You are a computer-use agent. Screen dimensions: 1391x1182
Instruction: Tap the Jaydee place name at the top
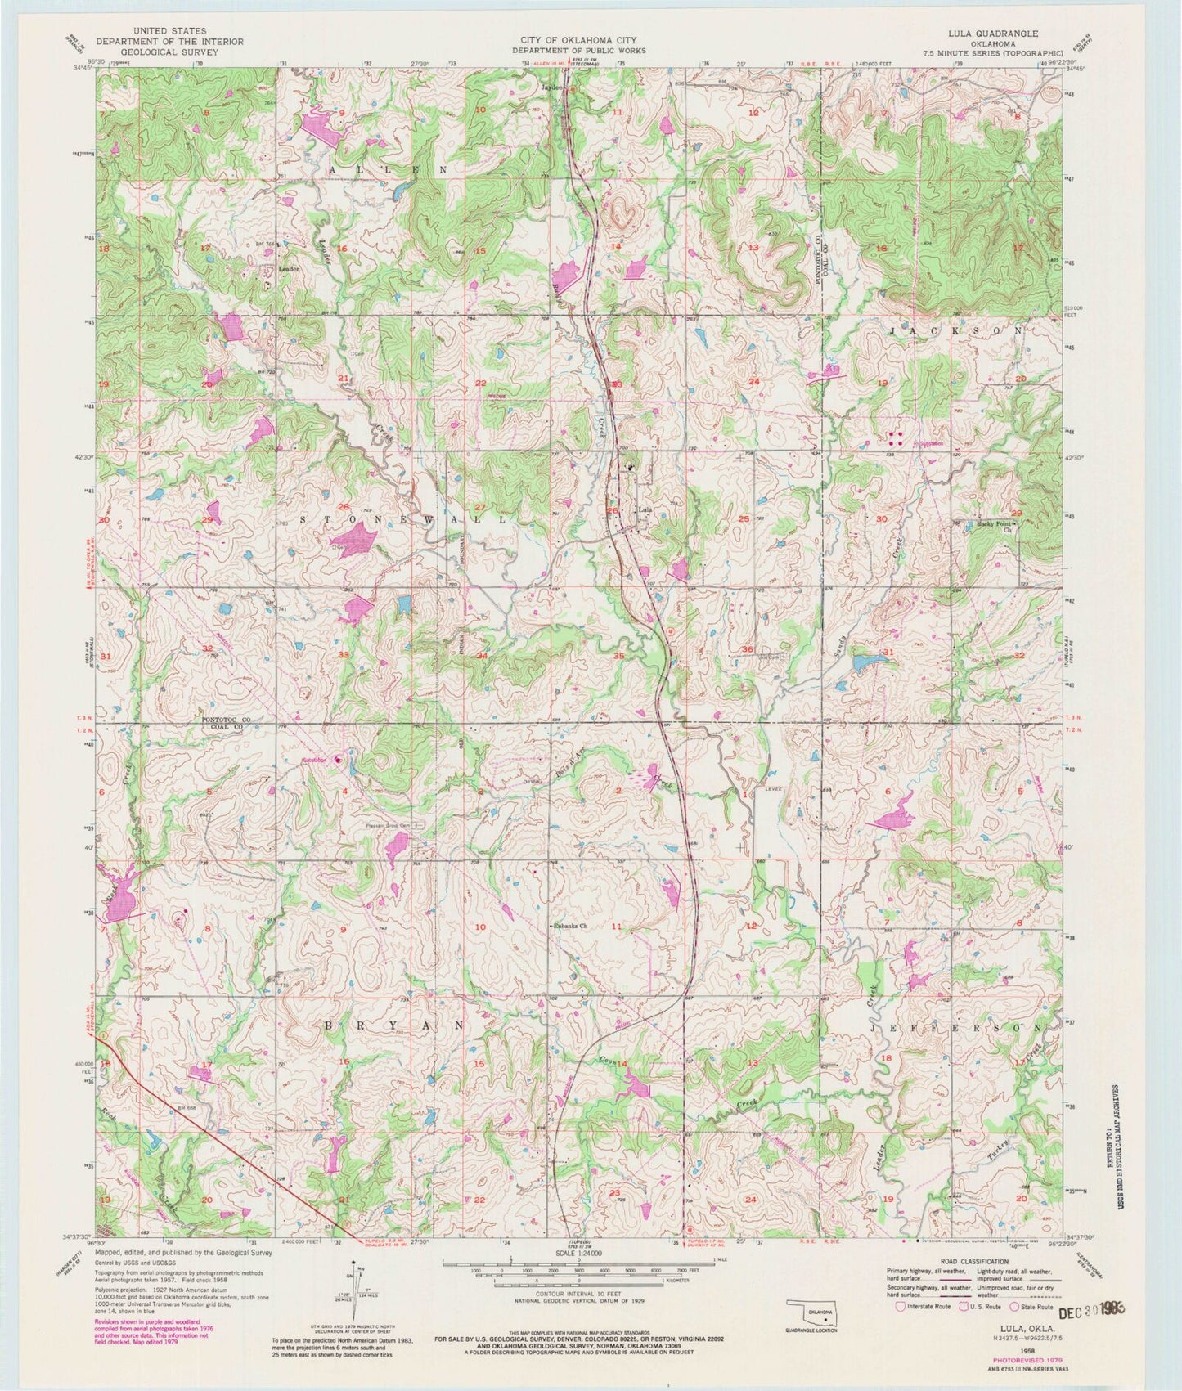tap(551, 85)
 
